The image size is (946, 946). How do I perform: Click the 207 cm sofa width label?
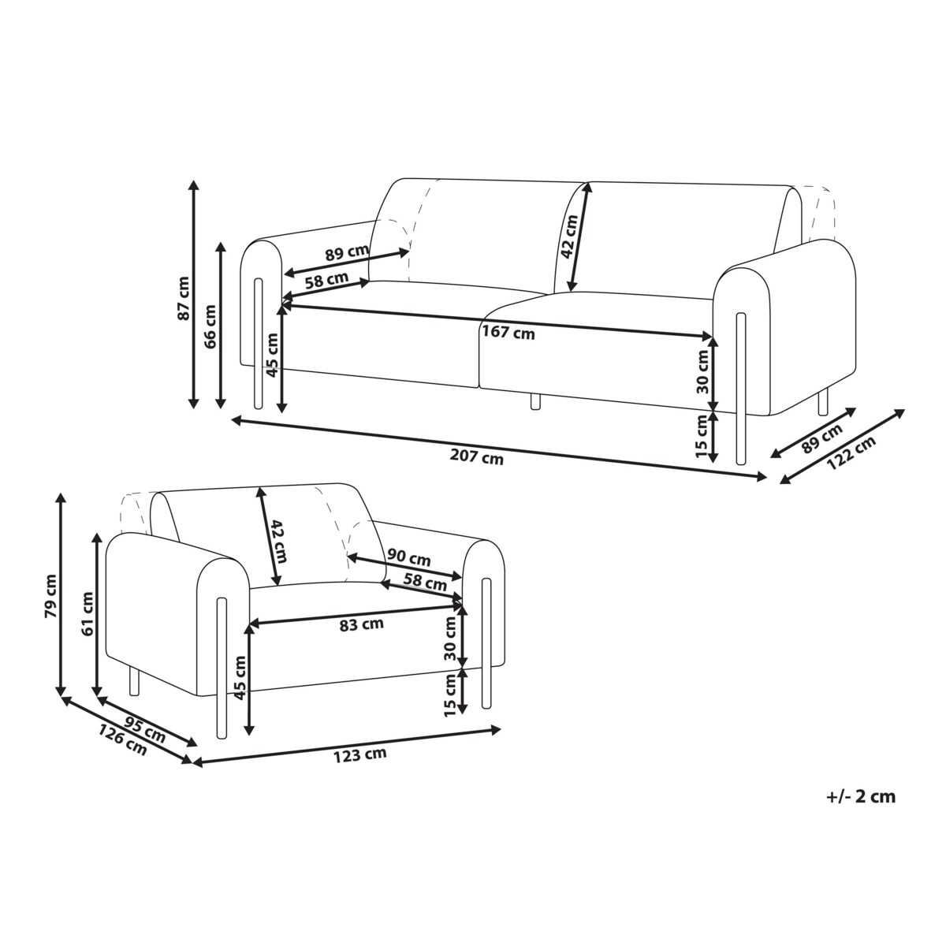coord(476,457)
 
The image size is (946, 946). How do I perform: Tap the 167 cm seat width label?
coord(508,333)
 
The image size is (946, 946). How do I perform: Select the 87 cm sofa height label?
coord(184,299)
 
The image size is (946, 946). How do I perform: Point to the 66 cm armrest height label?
coord(210,326)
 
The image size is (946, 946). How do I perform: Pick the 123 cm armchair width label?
coord(359,754)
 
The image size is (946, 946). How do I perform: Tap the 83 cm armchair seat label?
coord(361,624)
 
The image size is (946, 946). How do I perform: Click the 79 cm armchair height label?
coord(51,595)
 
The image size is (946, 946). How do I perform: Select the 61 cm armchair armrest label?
coord(88,613)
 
